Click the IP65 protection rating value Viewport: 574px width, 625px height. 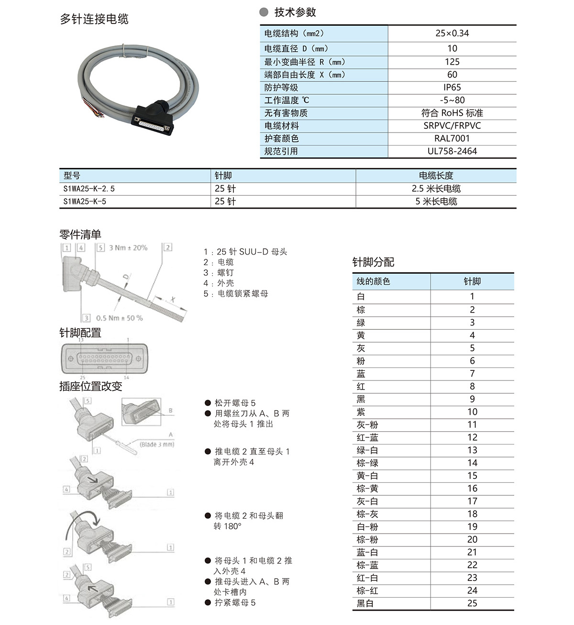pyautogui.click(x=452, y=88)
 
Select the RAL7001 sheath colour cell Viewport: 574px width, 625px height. pyautogui.click(x=452, y=139)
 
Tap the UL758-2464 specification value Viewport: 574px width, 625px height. pyautogui.click(x=452, y=151)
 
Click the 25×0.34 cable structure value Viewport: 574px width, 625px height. pyautogui.click(x=452, y=33)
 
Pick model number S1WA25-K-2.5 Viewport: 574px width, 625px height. pyautogui.click(x=89, y=189)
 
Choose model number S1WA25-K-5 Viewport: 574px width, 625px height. pyautogui.click(x=85, y=201)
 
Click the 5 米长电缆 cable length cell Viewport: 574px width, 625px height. pyautogui.click(x=436, y=201)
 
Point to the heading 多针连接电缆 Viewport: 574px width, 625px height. pyautogui.click(x=94, y=19)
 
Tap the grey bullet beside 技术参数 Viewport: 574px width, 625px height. pyautogui.click(x=264, y=12)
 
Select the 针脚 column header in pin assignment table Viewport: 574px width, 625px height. pyautogui.click(x=472, y=281)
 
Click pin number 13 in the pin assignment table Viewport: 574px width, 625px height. pyautogui.click(x=472, y=450)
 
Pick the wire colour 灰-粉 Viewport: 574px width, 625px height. pyautogui.click(x=367, y=425)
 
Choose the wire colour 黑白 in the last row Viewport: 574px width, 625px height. pyautogui.click(x=365, y=603)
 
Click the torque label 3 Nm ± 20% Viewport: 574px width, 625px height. pyautogui.click(x=128, y=248)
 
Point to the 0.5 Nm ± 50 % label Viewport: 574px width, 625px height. pyautogui.click(x=119, y=318)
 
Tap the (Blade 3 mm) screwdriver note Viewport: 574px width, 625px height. pyautogui.click(x=156, y=445)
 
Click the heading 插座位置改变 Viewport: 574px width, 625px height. pyautogui.click(x=91, y=386)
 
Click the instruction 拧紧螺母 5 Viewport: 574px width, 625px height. pyautogui.click(x=235, y=603)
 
